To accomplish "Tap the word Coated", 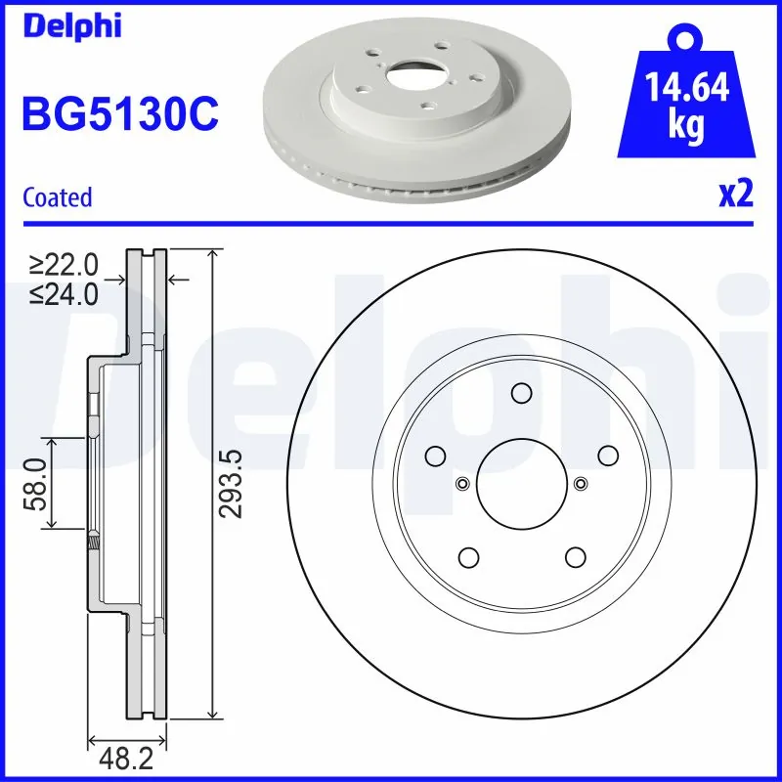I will (x=57, y=196).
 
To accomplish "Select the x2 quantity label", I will (x=736, y=195).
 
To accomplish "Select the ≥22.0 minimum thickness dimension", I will (x=65, y=265).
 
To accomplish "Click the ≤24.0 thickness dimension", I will (x=65, y=293).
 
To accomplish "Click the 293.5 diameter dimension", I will (x=229, y=484).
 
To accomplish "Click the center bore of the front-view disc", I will (x=521, y=482).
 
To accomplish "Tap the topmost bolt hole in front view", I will (x=520, y=393).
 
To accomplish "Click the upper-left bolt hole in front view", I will (x=435, y=456).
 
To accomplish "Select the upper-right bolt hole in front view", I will (x=606, y=456).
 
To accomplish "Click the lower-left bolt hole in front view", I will (x=468, y=556).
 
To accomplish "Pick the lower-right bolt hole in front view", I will (x=574, y=556).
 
